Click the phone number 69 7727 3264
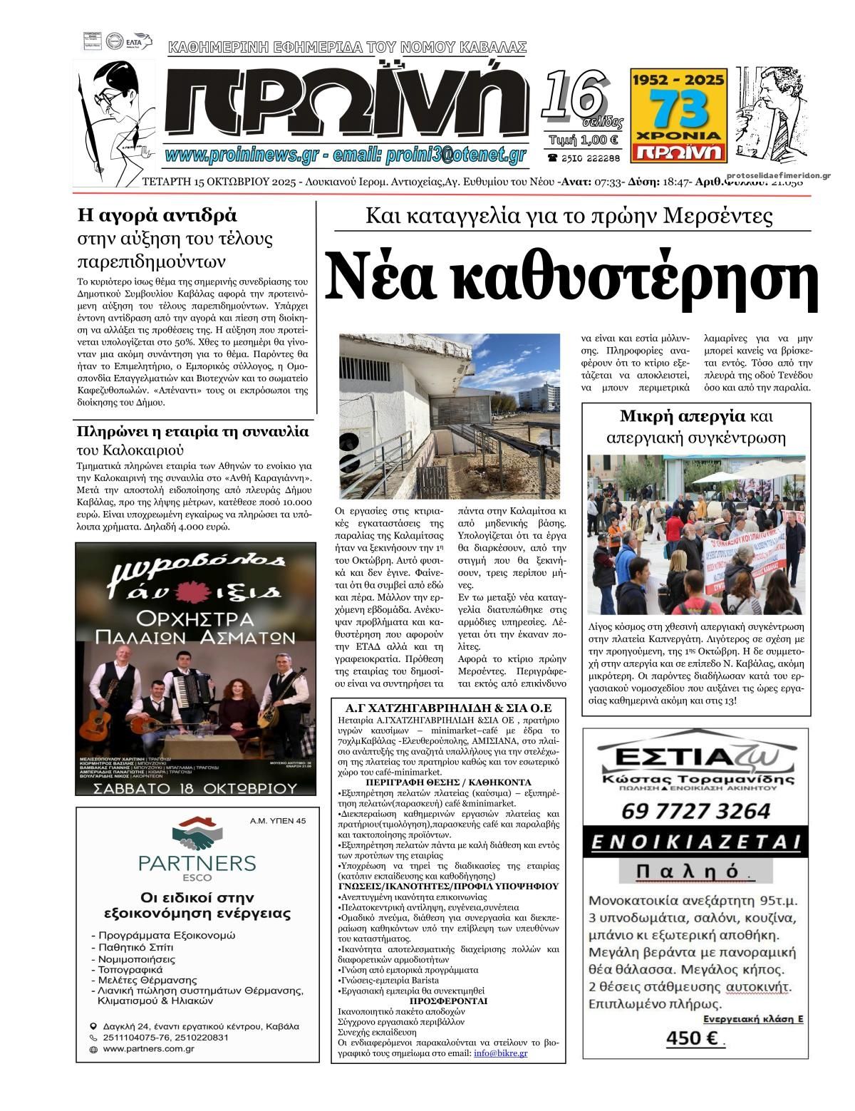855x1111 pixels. [695, 811]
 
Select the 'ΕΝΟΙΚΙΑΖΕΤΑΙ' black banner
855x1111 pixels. [695, 842]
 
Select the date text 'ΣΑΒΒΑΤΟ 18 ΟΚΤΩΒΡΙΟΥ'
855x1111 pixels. [195, 788]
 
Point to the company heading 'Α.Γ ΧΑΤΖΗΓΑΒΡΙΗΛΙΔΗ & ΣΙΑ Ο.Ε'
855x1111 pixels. [448, 708]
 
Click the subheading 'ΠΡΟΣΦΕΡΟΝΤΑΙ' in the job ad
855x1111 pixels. [448, 1001]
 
